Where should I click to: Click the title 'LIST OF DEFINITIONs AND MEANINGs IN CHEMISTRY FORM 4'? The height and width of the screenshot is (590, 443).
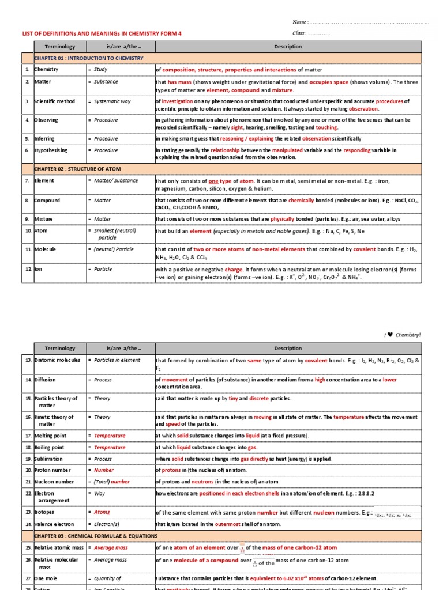(x=102, y=34)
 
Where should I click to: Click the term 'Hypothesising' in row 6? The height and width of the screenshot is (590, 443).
(x=51, y=150)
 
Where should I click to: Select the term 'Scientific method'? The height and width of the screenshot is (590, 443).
(x=55, y=101)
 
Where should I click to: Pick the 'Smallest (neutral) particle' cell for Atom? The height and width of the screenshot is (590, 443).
(x=116, y=234)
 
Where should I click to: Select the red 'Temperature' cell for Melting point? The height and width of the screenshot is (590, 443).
(x=110, y=436)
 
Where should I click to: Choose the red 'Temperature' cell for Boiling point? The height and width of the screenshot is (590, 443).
(x=110, y=447)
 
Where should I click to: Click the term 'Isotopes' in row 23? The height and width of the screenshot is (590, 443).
(x=47, y=512)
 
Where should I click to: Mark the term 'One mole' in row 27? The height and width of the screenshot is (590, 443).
(x=46, y=578)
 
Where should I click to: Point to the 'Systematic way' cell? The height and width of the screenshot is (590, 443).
(x=112, y=101)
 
